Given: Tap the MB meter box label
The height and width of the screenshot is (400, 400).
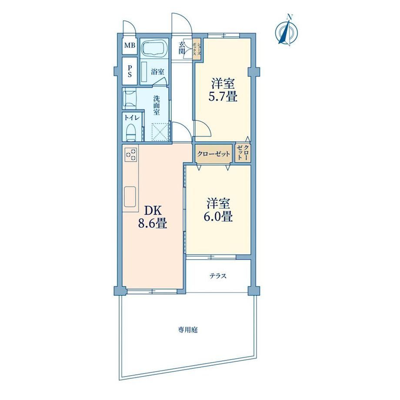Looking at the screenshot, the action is pyautogui.click(x=130, y=46).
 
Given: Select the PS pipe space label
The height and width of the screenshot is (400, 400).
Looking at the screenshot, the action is pyautogui.click(x=130, y=71).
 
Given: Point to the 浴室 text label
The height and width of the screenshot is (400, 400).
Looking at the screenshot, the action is pyautogui.click(x=157, y=72).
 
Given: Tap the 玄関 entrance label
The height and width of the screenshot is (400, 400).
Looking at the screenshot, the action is pyautogui.click(x=182, y=48).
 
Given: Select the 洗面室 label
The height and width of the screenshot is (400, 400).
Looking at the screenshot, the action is pyautogui.click(x=157, y=105).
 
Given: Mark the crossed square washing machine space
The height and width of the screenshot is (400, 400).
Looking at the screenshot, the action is pyautogui.click(x=160, y=132).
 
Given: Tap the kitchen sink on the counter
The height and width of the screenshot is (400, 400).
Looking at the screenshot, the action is pyautogui.click(x=130, y=197).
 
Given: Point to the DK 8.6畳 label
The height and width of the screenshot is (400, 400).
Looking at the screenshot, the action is pyautogui.click(x=153, y=217).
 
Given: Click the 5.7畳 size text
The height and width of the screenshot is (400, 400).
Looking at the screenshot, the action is pyautogui.click(x=223, y=97).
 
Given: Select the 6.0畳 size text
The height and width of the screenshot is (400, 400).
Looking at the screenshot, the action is pyautogui.click(x=218, y=217).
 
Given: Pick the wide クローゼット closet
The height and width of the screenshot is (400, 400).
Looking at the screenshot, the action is pyautogui.click(x=214, y=154).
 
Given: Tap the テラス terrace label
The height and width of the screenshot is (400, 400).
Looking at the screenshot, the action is pyautogui.click(x=218, y=276).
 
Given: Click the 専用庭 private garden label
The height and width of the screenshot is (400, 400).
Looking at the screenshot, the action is pyautogui.click(x=188, y=330).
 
